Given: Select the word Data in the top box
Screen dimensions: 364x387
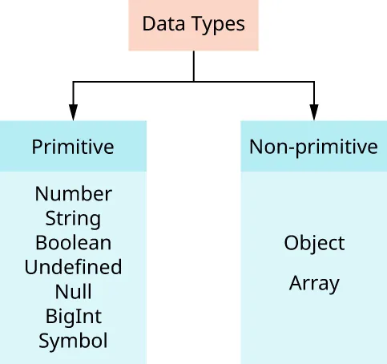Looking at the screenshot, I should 159,23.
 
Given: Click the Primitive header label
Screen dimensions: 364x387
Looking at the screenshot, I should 73,148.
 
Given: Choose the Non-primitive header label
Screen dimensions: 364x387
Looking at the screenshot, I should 313,147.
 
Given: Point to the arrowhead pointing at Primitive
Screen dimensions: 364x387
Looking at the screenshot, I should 74,113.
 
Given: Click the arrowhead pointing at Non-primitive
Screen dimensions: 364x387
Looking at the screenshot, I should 313,113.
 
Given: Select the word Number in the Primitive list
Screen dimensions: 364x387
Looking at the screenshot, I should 74,194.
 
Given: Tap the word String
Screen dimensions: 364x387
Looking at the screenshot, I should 73,219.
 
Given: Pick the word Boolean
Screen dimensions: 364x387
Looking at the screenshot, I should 73,242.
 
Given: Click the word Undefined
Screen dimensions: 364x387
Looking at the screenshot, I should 73,267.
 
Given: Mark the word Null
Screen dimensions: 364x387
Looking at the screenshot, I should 73,291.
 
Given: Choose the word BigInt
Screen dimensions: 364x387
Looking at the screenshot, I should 73,316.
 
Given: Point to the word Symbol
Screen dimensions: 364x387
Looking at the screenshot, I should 73,341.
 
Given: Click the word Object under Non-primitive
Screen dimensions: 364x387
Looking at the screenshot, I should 314,243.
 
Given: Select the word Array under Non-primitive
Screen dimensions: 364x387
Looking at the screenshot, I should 314,283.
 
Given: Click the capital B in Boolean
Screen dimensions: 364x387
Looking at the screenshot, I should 40,242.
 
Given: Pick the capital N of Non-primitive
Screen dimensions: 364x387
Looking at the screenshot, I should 256,147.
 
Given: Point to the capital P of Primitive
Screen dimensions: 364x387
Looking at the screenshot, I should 36,148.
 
